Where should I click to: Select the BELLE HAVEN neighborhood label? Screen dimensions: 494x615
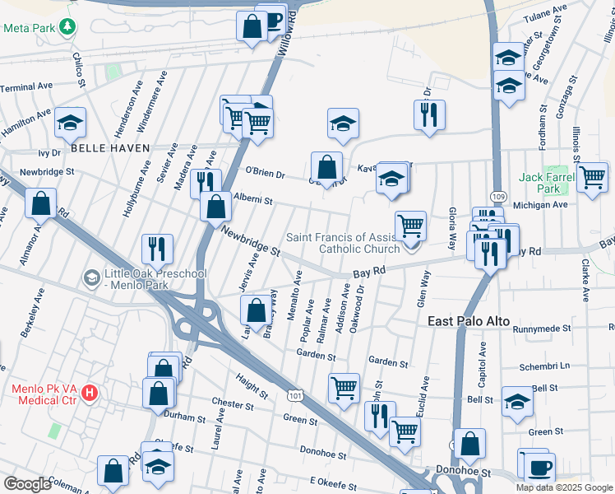click(110, 148)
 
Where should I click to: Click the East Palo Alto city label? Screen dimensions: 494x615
click(469, 321)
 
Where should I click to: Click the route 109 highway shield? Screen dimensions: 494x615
click(498, 197)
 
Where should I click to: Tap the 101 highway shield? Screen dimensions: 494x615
click(295, 396)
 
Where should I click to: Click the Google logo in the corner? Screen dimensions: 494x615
click(27, 484)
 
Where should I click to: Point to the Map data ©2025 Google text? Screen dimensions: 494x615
click(564, 487)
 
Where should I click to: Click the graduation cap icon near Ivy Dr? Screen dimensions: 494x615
click(71, 123)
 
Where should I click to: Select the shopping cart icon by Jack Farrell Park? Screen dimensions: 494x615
click(591, 176)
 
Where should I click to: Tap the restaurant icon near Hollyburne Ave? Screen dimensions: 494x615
click(156, 247)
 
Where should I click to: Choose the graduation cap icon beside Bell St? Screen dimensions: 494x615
click(517, 401)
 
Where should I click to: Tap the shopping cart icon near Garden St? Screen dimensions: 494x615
click(344, 386)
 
